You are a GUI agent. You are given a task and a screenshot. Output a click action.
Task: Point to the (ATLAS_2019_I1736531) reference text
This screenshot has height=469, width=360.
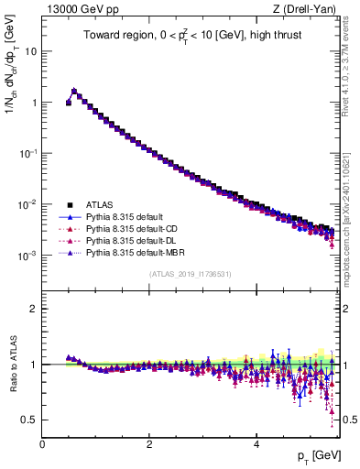point(191,274)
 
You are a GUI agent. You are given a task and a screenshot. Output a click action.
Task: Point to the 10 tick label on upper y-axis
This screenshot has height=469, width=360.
point(30,51)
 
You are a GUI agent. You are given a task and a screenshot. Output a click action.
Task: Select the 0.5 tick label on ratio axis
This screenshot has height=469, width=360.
point(29,420)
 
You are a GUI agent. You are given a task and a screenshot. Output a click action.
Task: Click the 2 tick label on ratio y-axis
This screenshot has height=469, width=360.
point(34,309)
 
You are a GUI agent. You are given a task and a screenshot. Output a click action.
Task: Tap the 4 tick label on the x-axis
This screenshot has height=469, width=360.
point(256,443)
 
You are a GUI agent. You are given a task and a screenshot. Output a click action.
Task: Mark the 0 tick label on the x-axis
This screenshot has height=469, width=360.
point(42,443)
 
